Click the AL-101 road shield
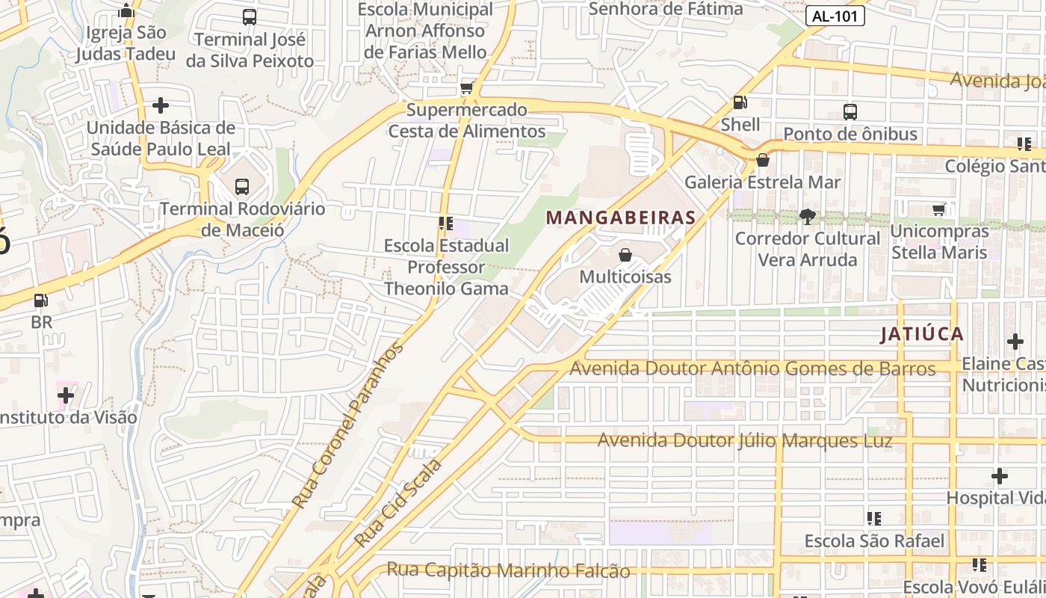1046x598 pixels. click(835, 16)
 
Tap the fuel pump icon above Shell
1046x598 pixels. click(740, 102)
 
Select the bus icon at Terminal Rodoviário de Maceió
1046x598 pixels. click(242, 186)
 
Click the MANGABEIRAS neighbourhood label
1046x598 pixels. click(621, 218)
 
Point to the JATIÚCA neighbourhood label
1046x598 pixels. click(922, 334)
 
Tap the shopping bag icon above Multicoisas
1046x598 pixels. click(625, 255)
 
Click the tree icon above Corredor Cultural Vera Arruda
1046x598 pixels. click(807, 217)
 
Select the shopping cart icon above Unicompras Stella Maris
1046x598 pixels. click(939, 210)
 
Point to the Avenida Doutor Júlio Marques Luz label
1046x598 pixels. click(745, 440)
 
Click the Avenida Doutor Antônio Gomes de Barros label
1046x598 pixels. click(752, 369)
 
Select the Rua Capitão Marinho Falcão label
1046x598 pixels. click(508, 570)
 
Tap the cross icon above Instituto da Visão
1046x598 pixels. click(66, 395)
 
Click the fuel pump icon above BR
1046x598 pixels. click(41, 301)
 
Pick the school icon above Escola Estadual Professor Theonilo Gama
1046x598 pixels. click(446, 223)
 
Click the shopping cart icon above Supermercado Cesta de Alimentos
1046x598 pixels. click(467, 88)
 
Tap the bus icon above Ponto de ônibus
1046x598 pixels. click(850, 112)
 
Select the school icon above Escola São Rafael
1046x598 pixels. click(873, 518)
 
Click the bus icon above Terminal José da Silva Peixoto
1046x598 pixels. click(250, 17)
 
